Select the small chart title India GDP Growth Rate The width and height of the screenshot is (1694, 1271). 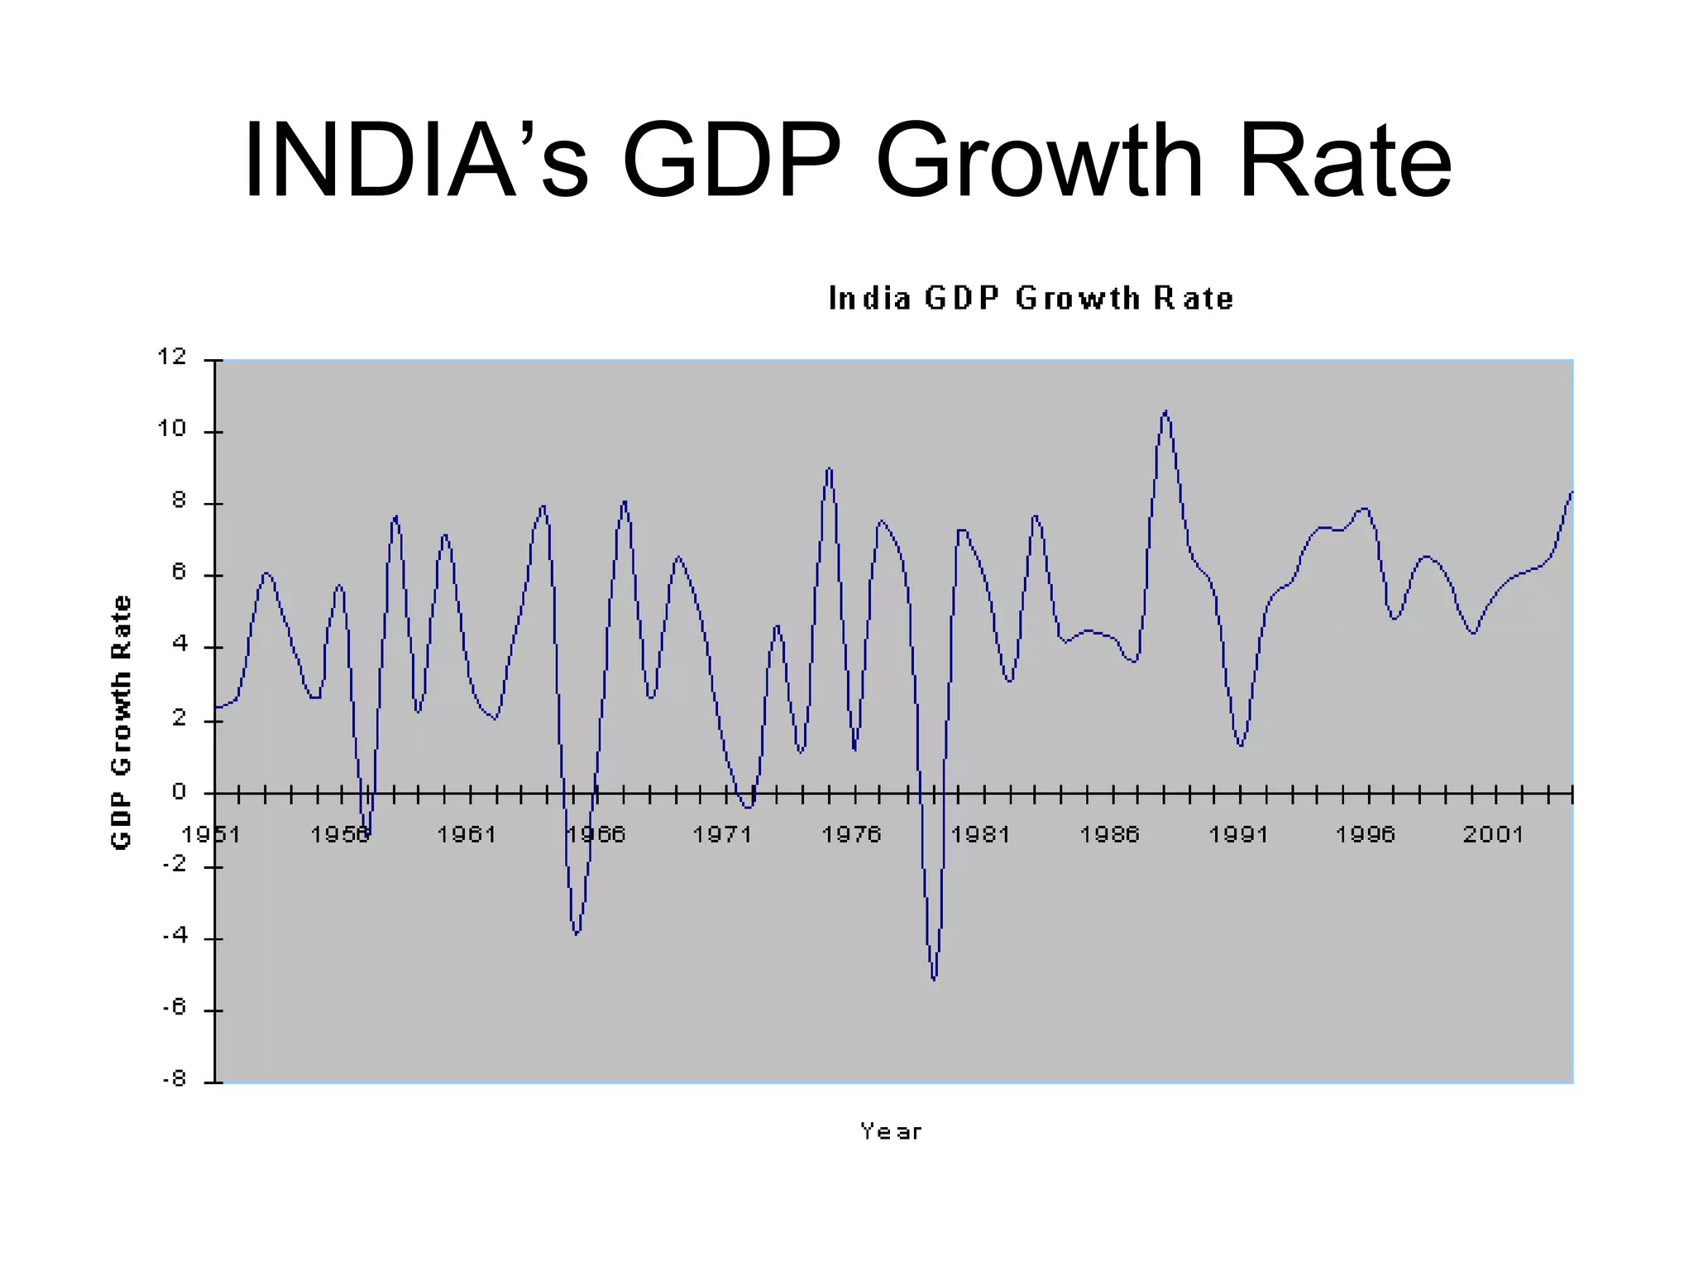click(1030, 298)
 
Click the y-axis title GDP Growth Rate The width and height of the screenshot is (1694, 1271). click(121, 722)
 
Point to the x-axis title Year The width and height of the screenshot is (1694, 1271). click(890, 1131)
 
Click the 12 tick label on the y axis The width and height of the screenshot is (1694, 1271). click(172, 357)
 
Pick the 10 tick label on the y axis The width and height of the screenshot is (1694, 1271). click(172, 429)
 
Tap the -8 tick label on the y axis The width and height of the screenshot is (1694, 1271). click(175, 1079)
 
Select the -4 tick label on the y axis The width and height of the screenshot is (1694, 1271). click(175, 936)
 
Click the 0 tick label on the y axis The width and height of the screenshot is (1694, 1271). click(179, 792)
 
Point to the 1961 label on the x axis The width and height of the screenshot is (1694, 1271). click(466, 834)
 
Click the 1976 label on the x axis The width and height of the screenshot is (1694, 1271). click(850, 834)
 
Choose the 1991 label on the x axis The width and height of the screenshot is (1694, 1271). click(1237, 834)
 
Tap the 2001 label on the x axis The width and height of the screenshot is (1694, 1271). click(1492, 834)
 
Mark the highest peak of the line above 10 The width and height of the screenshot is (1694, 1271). click(1165, 411)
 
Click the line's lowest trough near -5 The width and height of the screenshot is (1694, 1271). click(934, 979)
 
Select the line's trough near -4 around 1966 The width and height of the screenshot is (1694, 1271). click(577, 933)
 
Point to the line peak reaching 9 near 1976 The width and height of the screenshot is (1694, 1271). click(829, 469)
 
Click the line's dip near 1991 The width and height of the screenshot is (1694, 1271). click(1241, 745)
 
